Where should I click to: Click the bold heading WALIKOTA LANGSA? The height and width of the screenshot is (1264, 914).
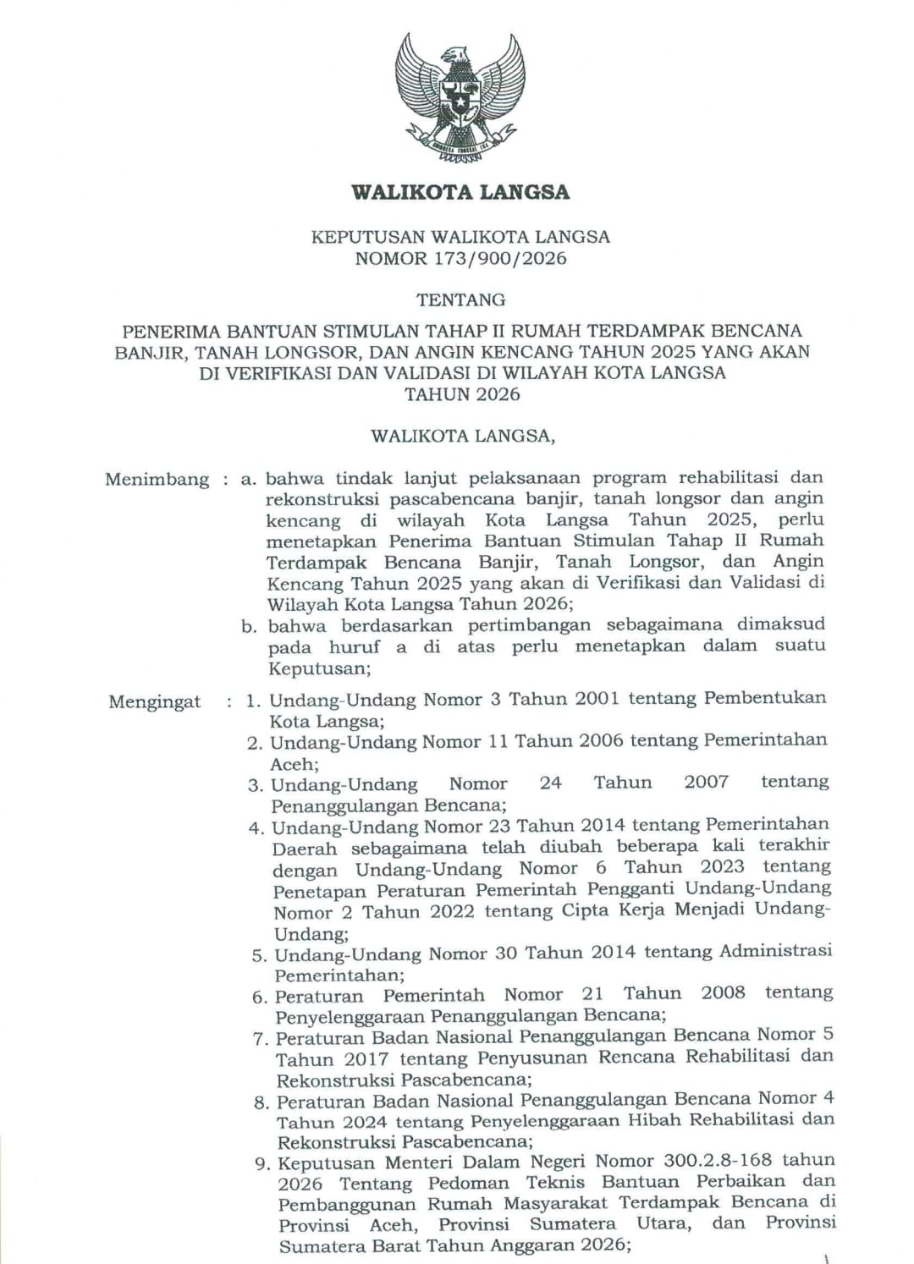460,192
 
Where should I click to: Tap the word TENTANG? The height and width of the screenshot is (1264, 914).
460,300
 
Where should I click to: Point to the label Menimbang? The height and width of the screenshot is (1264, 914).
157,480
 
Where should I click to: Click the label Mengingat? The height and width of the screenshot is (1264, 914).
155,702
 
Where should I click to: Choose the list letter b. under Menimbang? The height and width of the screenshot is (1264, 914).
248,627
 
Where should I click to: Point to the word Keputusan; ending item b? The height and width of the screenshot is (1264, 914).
319,668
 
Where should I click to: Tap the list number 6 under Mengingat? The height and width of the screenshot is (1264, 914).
260,997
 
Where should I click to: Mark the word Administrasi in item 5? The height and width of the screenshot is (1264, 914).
775,951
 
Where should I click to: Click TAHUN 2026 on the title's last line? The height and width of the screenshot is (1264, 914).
462,393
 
